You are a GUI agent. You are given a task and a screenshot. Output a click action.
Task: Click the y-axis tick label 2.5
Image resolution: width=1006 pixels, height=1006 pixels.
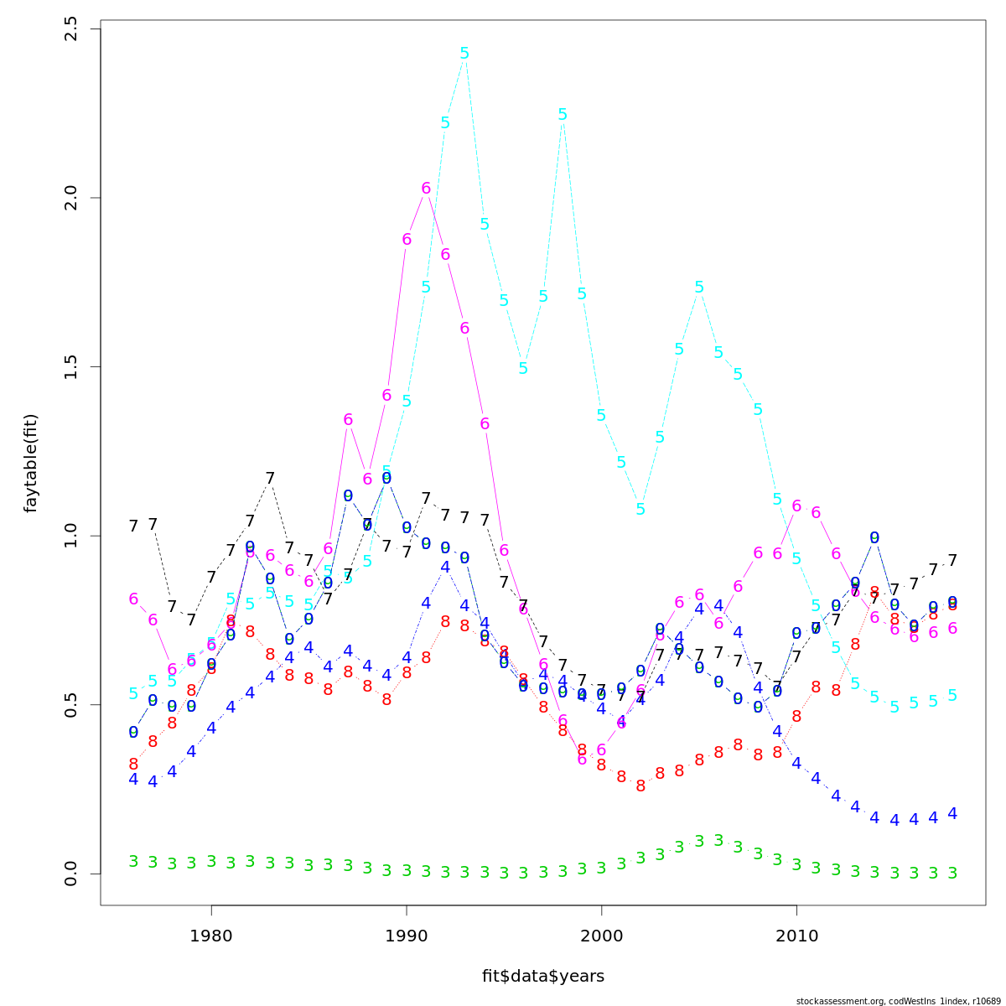(70, 29)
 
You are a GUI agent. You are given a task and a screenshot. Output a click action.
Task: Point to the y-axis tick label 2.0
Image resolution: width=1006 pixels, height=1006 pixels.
(70, 198)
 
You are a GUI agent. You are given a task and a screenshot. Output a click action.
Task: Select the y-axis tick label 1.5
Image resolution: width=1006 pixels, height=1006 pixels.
(70, 367)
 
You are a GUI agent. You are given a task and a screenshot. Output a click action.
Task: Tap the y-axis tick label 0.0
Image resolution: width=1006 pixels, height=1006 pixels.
(70, 874)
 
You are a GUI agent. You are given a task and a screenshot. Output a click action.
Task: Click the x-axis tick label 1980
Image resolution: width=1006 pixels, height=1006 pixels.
(211, 935)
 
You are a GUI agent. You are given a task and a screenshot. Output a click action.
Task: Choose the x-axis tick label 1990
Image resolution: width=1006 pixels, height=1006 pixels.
(407, 935)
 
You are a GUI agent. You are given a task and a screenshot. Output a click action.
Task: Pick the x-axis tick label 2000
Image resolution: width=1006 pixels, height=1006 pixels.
(601, 935)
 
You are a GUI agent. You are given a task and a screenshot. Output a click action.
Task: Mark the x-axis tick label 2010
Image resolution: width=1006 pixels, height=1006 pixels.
(796, 935)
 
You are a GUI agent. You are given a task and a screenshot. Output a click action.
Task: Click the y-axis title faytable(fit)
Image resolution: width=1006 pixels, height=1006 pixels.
(31, 463)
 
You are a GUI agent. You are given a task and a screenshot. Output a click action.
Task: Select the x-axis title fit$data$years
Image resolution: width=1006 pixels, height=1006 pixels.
(542, 976)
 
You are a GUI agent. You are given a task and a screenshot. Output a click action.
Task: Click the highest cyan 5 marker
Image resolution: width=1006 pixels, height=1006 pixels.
(464, 53)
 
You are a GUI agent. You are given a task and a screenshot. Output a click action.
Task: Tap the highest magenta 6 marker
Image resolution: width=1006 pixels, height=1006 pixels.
(426, 189)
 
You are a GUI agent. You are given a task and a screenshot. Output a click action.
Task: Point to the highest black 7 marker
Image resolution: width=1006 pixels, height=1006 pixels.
(270, 478)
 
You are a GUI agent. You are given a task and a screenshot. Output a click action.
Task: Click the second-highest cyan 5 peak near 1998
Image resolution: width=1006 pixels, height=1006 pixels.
(563, 114)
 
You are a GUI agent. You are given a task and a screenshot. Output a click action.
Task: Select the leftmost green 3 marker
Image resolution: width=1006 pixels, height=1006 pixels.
(133, 861)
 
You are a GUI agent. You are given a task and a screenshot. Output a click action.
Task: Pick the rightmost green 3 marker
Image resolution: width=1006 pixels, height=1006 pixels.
(952, 873)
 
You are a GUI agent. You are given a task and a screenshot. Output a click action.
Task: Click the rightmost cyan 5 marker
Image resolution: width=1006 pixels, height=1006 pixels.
(952, 695)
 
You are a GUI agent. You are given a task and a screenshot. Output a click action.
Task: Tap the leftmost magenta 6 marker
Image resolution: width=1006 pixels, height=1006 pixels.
(133, 599)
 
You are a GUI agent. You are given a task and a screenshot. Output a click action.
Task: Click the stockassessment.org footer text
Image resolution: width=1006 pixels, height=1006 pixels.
(900, 1000)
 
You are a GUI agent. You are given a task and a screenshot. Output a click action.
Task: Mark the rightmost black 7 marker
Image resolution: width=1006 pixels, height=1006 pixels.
(952, 560)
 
